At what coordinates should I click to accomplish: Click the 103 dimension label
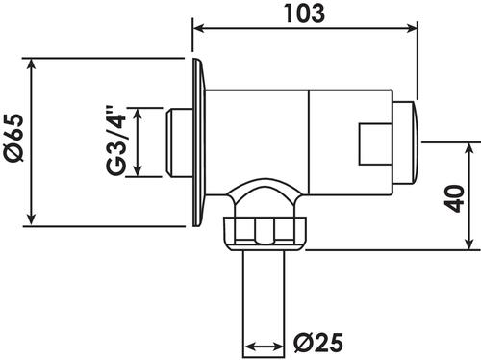pyautogui.click(x=305, y=13)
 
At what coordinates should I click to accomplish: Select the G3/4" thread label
pyautogui.click(x=115, y=141)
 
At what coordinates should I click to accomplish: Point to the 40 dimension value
pyautogui.click(x=455, y=198)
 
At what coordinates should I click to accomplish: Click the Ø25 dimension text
pyautogui.click(x=318, y=343)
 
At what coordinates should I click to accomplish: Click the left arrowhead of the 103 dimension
pyautogui.click(x=199, y=28)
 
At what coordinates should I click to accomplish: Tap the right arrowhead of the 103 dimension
pyautogui.click(x=412, y=28)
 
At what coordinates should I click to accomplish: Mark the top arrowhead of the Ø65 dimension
pyautogui.click(x=31, y=64)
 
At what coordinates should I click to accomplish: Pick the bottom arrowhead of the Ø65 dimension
pyautogui.click(x=31, y=219)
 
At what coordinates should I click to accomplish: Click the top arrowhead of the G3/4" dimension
pyautogui.click(x=138, y=115)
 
